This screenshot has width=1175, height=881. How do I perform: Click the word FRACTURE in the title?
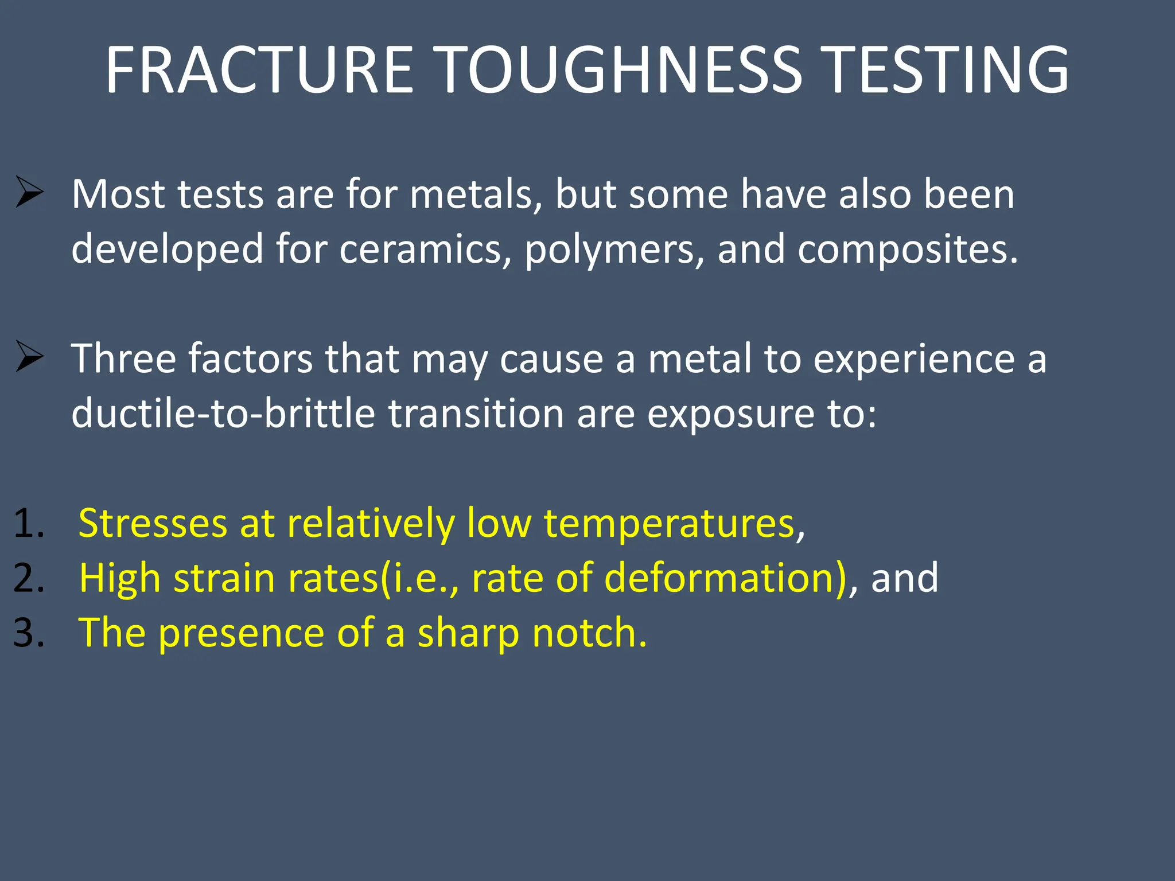point(259,70)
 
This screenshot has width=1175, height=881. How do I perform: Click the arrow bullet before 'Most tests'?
point(29,192)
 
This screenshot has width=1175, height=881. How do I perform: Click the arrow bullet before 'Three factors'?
point(29,356)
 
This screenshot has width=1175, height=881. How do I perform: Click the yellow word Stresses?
point(153,523)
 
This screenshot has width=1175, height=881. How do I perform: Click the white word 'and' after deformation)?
point(904,578)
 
